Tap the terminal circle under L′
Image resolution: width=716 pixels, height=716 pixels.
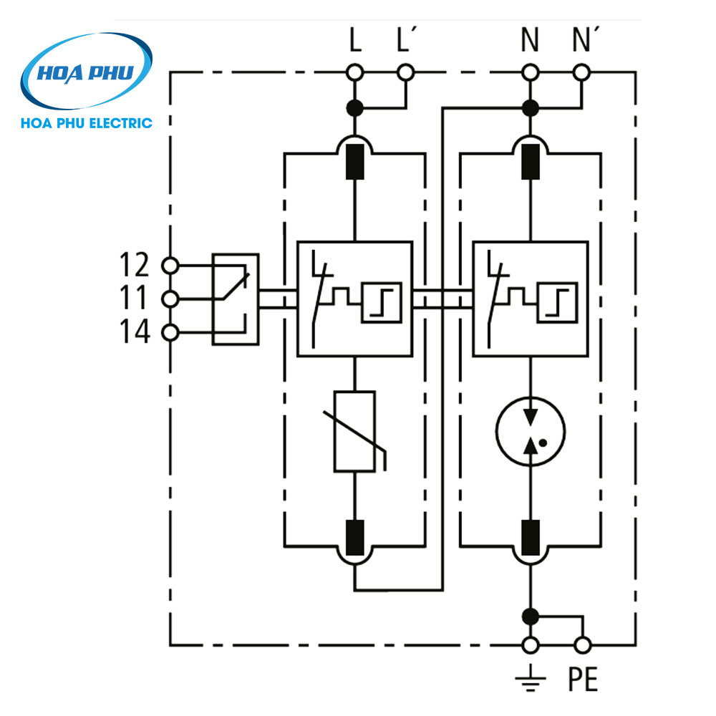406,72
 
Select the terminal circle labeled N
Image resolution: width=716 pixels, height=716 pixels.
530,72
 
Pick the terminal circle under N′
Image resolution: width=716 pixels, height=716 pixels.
582,72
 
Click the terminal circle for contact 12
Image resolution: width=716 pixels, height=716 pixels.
170,266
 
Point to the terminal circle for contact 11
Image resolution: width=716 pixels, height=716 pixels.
170,299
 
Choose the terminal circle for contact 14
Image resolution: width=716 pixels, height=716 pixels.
170,332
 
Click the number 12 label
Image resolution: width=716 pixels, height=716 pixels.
133,266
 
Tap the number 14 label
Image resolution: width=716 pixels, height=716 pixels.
133,332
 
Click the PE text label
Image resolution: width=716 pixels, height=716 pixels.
583,679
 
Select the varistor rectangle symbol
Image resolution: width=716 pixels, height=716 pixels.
354,431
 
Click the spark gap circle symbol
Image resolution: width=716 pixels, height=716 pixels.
530,430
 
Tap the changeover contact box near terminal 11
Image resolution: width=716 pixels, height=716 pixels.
235,299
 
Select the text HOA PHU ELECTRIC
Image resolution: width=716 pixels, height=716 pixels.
87,122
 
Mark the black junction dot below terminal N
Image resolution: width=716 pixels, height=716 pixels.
530,108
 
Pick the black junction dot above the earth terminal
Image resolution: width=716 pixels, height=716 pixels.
530,615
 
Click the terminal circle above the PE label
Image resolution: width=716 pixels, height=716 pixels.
583,645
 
